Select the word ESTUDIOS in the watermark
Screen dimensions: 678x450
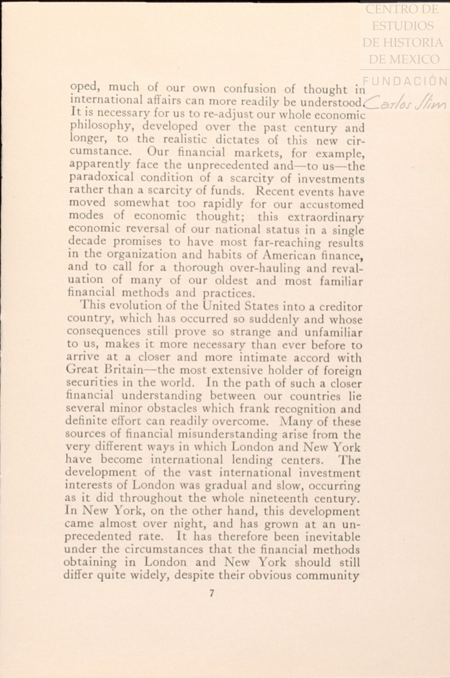click(x=402, y=26)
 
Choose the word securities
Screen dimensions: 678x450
click(x=92, y=383)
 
